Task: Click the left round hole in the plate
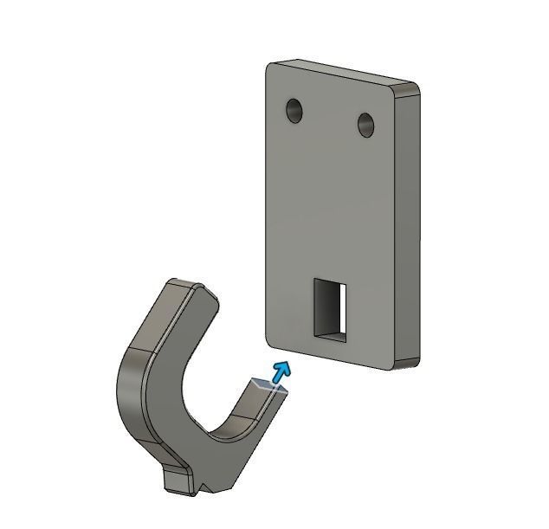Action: click(296, 110)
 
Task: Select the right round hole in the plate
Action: click(367, 125)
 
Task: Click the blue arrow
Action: click(280, 373)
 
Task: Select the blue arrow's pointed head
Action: click(283, 367)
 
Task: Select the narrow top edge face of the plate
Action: click(346, 72)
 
